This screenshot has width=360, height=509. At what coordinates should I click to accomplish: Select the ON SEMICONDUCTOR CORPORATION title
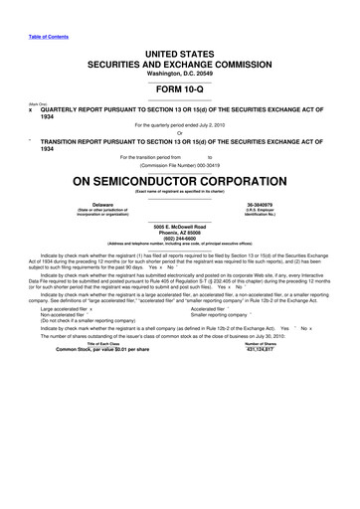pyautogui.click(x=180, y=182)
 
